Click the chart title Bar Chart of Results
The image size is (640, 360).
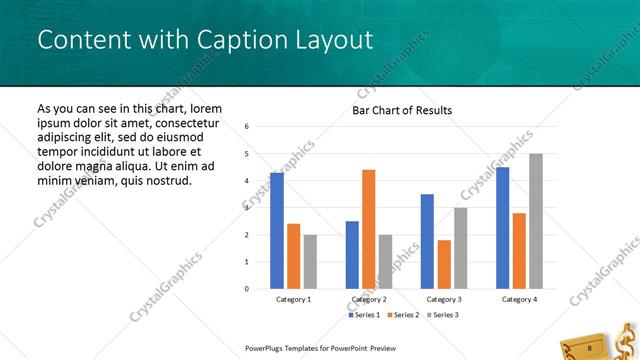click(402, 110)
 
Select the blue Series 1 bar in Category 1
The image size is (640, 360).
click(277, 230)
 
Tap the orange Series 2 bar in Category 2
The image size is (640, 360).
click(369, 229)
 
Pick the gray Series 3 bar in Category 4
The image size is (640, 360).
click(536, 221)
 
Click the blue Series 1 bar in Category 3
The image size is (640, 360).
click(428, 241)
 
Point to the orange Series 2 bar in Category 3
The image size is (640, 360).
click(444, 264)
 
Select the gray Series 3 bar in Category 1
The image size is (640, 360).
click(310, 261)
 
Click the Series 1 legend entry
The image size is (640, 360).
click(364, 315)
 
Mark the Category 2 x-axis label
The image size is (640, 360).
click(369, 299)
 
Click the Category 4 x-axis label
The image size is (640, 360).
click(519, 299)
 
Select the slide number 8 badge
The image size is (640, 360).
click(589, 347)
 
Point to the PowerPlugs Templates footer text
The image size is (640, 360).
click(315, 348)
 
